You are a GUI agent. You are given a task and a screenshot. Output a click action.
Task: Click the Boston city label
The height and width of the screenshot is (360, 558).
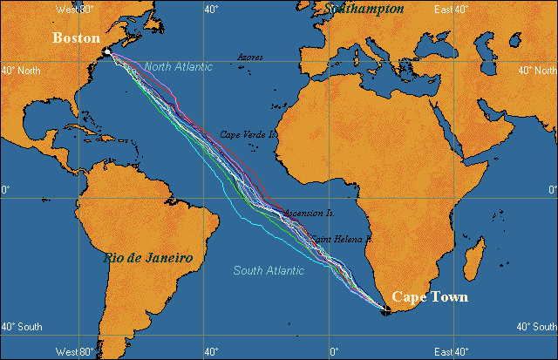(x=77, y=38)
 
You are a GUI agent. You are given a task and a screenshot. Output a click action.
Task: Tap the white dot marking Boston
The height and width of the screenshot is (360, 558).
(x=106, y=52)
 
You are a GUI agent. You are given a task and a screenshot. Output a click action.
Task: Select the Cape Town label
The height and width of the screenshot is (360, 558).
(x=429, y=297)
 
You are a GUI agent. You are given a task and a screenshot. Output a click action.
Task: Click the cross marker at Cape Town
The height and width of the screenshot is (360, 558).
(x=385, y=309)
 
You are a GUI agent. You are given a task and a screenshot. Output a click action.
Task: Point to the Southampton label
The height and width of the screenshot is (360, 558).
(x=364, y=9)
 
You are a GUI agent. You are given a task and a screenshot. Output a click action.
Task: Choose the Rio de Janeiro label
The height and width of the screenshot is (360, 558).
(x=147, y=258)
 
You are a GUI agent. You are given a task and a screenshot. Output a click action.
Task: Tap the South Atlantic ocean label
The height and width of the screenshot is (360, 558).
(x=269, y=270)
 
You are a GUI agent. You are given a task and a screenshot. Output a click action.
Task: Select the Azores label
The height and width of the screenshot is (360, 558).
(x=251, y=57)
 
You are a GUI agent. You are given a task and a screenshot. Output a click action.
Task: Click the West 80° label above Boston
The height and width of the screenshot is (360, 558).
(x=74, y=9)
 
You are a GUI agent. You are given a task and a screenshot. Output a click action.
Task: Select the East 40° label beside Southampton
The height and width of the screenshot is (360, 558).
(x=453, y=9)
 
